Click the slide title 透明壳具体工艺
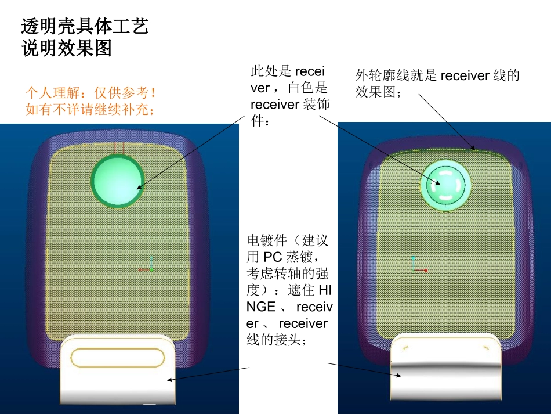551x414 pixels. (x=85, y=27)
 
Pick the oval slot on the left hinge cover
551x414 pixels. (x=117, y=358)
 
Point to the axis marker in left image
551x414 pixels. (x=148, y=266)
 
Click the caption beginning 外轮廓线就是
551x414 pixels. (x=437, y=84)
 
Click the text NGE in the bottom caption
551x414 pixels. (x=261, y=306)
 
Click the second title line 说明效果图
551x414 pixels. (x=66, y=49)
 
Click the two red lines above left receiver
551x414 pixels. (x=118, y=149)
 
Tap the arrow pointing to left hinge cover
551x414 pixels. (x=209, y=374)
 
